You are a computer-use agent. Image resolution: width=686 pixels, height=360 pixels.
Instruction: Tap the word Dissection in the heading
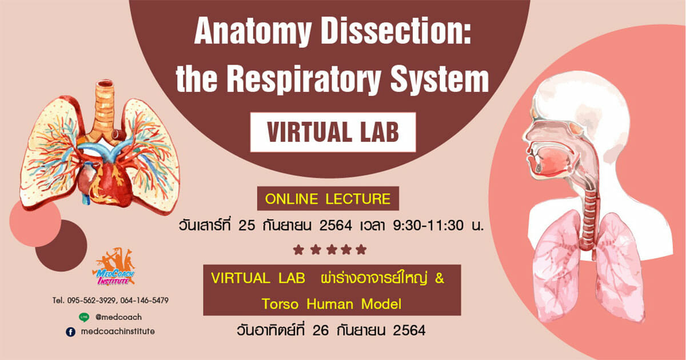tap(396, 31)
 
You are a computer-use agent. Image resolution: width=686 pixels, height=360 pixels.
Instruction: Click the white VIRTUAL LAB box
tap(333, 132)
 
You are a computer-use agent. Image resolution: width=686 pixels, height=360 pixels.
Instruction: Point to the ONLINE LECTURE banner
tap(328, 198)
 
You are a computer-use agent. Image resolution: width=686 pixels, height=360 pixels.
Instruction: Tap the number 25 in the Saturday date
tap(246, 226)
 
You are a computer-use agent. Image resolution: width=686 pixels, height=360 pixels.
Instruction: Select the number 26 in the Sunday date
tap(321, 331)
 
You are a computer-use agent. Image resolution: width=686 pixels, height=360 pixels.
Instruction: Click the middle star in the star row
tap(332, 250)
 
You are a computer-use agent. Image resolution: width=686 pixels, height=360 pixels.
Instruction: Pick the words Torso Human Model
tap(332, 304)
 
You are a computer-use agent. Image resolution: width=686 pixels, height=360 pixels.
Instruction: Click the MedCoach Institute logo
tap(114, 267)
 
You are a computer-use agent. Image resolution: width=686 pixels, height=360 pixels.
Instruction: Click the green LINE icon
tap(84, 317)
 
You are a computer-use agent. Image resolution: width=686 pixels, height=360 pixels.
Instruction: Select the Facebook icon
tap(71, 332)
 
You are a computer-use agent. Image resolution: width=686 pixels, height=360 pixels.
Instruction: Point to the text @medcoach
tap(118, 317)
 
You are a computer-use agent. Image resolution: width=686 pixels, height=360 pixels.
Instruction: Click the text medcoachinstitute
tap(118, 331)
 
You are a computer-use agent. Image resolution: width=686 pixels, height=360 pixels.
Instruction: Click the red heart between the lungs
tap(106, 183)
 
